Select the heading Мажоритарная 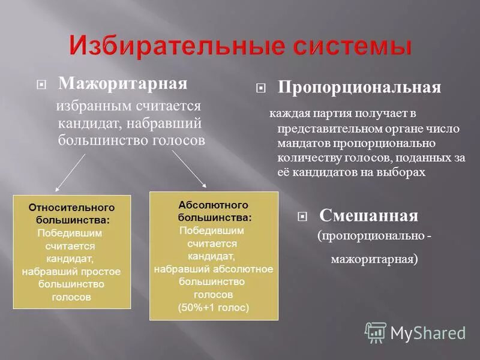pos(122,83)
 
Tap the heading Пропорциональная pos(359,88)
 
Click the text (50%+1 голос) pos(213,308)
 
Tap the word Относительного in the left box pos(71,207)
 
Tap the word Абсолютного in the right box pos(213,205)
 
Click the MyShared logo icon pos(376,332)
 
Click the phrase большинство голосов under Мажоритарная pos(131,140)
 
